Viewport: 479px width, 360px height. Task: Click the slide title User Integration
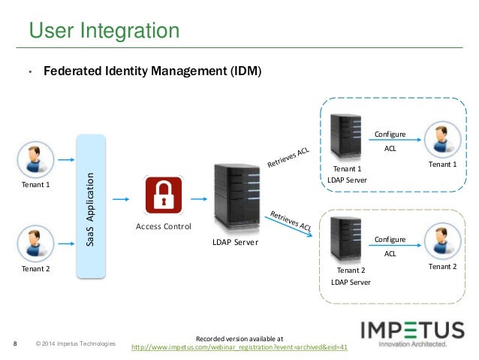(x=104, y=31)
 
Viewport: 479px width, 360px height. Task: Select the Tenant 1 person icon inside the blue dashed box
(x=441, y=140)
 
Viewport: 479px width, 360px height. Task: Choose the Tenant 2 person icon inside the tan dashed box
(x=441, y=242)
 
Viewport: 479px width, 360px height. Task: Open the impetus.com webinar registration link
(x=239, y=346)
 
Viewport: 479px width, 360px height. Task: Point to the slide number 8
(x=16, y=345)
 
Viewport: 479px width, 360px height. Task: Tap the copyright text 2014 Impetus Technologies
(x=76, y=344)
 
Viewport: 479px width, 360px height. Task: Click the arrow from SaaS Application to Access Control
(x=120, y=199)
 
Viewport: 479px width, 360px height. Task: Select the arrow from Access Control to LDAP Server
(x=198, y=199)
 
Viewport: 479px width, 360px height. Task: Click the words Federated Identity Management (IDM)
(x=152, y=73)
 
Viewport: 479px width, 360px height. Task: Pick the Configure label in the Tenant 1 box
(x=390, y=134)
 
